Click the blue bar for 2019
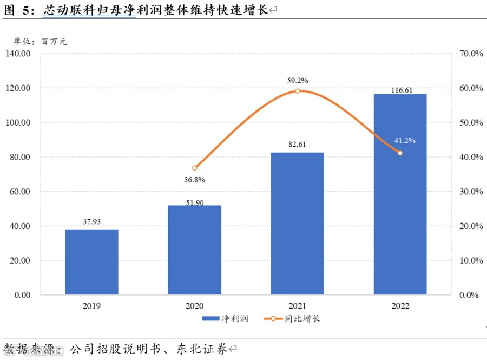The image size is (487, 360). [91, 262]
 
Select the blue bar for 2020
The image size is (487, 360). [194, 250]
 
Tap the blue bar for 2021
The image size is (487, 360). [297, 224]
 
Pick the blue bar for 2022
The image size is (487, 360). [400, 194]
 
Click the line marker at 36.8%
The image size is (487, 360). [194, 168]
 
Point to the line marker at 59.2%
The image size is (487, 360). [297, 91]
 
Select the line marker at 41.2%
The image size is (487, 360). [400, 153]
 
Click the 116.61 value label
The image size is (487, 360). [402, 90]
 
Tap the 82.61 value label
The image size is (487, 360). [297, 144]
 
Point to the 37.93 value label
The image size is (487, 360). [91, 221]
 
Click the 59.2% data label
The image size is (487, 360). [298, 81]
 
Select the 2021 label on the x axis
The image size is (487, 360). [297, 306]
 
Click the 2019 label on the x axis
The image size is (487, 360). [91, 306]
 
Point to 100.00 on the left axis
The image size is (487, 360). [18, 122]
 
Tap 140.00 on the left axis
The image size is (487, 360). [18, 54]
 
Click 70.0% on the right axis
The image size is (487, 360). [471, 54]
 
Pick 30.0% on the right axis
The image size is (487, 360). [471, 191]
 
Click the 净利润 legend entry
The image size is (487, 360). [225, 319]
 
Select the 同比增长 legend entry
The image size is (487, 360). [292, 319]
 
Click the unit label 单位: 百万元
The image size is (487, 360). [41, 41]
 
